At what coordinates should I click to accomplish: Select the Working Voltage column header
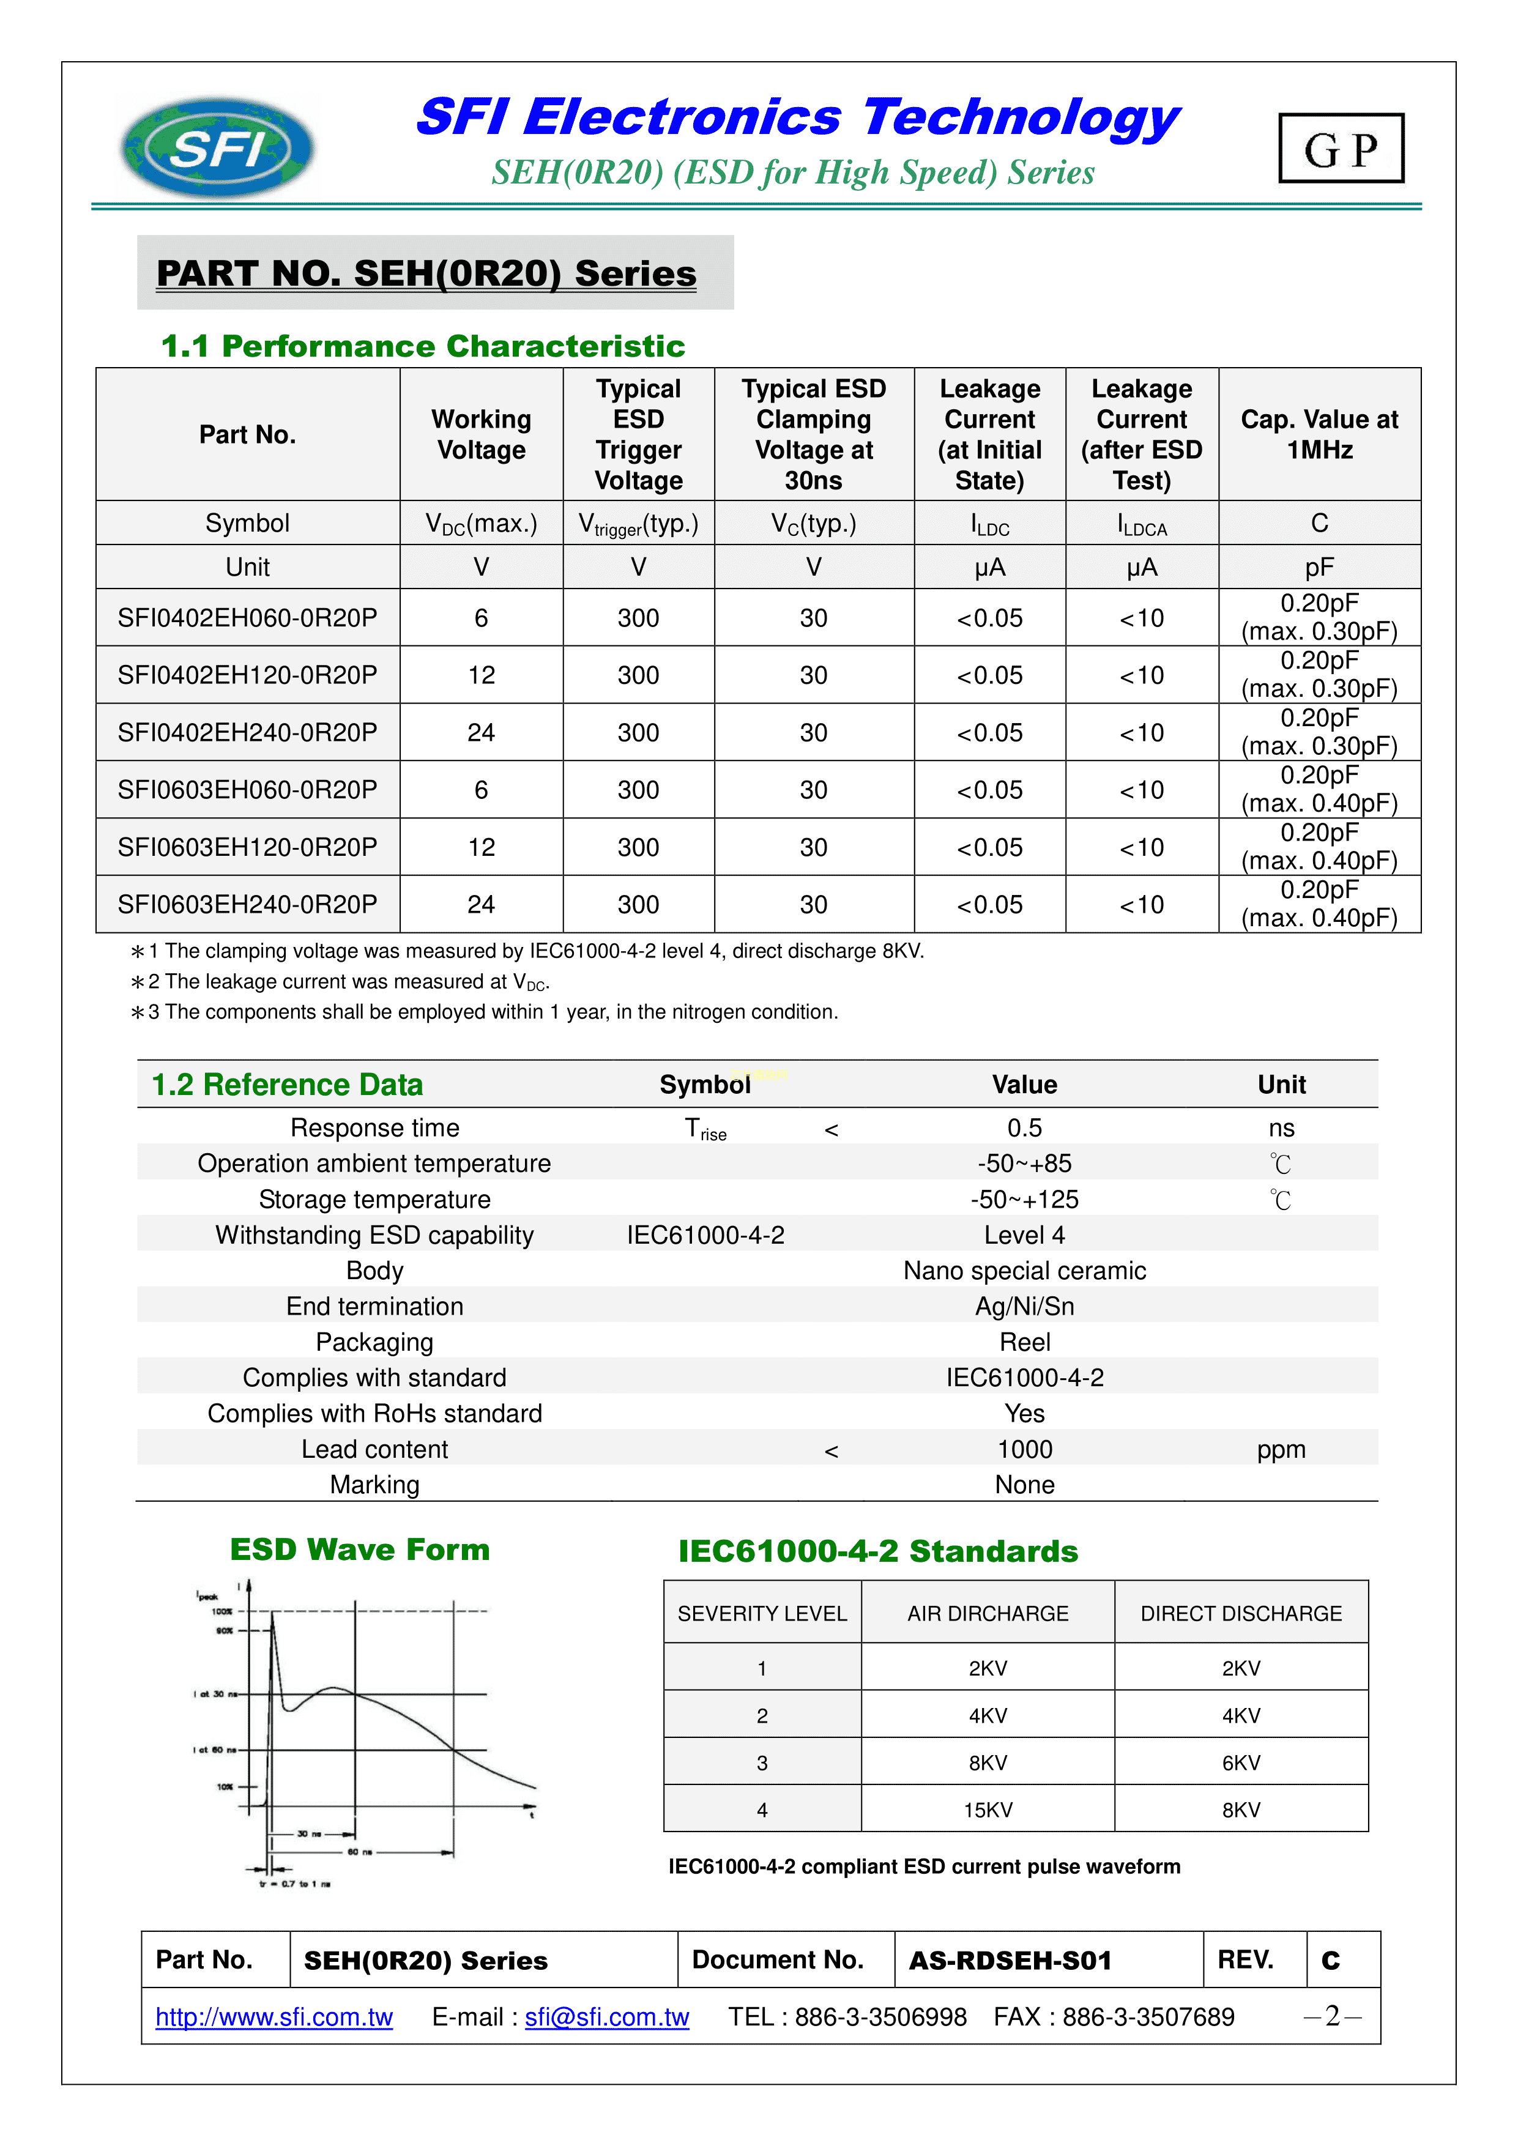click(482, 434)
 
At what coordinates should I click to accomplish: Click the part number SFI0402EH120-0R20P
click(248, 675)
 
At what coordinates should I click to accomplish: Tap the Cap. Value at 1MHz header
click(1319, 434)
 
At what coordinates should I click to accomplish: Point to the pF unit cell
click(1319, 567)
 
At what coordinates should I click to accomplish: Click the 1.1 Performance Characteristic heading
click(423, 347)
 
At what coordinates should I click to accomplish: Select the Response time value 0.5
click(1024, 1128)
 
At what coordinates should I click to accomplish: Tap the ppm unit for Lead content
click(1281, 1450)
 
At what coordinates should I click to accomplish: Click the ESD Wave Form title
click(360, 1550)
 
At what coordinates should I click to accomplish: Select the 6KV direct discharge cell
click(1240, 1763)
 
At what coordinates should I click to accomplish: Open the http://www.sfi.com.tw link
click(274, 2017)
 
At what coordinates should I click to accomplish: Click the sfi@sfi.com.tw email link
click(606, 2017)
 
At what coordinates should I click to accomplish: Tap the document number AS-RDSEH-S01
click(1010, 1960)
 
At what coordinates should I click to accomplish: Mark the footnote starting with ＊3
click(486, 1012)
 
